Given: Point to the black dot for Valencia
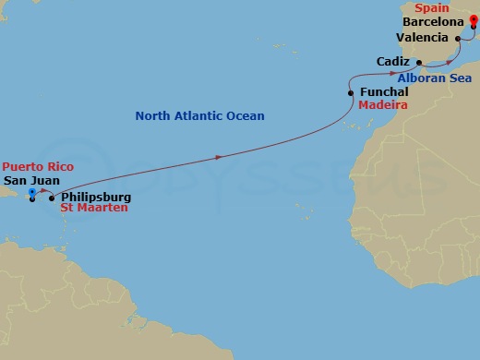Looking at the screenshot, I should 459,38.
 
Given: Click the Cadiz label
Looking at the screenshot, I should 394,61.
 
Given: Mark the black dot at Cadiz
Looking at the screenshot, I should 421,63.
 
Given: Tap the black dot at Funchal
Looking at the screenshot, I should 352,93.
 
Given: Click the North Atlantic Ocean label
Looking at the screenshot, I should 199,116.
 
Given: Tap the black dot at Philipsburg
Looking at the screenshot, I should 52,198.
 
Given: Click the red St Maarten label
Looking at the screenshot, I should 94,209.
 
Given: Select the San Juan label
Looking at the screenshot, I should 28,181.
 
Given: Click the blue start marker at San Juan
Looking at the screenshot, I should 32,193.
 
